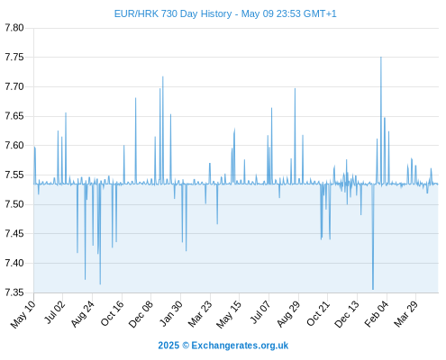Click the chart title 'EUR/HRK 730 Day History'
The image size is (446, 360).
173,13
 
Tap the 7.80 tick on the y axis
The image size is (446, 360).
14,28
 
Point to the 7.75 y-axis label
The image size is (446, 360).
14,57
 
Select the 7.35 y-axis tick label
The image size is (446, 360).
14,292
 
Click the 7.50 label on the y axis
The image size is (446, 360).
14,204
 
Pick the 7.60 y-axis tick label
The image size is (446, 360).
14,146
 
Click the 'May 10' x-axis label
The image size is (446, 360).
23,314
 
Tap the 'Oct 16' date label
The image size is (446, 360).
112,313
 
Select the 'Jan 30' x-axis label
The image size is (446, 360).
171,313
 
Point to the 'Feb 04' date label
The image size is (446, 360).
377,313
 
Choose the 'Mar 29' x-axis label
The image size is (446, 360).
405,313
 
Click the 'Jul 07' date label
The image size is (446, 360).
260,312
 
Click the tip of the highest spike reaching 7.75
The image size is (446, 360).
381,57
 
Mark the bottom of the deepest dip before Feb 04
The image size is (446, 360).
373,289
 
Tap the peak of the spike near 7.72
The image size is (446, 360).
163,76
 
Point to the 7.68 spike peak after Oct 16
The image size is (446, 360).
135,98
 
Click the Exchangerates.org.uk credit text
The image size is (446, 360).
240,346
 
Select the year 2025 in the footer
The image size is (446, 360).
168,346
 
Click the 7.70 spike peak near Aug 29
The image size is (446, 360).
295,88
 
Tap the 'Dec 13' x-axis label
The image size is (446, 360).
347,313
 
